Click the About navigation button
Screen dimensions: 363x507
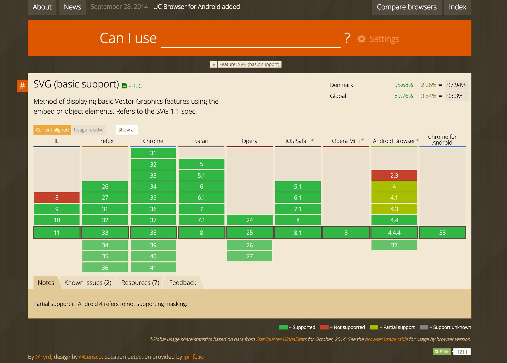pos(42,7)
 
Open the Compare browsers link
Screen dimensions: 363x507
pos(407,7)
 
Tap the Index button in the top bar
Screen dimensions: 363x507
pos(457,7)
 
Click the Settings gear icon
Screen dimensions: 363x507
pos(362,39)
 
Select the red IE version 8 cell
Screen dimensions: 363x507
pos(57,197)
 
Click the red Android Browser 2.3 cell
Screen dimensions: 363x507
pos(394,175)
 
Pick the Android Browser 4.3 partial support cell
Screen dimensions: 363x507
pos(394,209)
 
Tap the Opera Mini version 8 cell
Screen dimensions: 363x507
pos(346,233)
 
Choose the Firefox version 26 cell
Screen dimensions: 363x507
pos(105,186)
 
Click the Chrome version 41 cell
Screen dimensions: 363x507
pos(153,268)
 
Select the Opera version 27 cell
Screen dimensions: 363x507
pos(250,256)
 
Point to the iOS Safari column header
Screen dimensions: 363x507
pos(297,141)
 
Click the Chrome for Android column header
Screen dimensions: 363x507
pos(442,140)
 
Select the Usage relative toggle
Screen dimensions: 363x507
pos(89,130)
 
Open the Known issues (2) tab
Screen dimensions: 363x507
pos(88,283)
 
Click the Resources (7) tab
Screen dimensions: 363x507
pos(140,283)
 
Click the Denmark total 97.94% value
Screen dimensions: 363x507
pos(456,85)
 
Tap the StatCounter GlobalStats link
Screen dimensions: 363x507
pos(281,339)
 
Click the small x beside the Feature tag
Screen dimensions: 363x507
pos(214,65)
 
